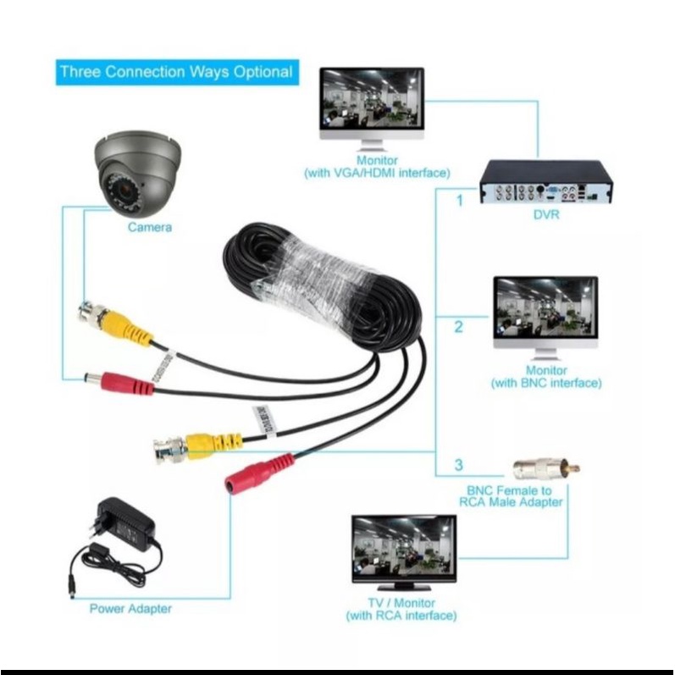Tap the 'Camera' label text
(150, 227)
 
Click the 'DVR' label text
(545, 215)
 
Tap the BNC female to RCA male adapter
(545, 469)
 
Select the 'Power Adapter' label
(130, 608)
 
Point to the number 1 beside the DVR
(458, 201)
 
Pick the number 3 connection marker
(458, 465)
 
